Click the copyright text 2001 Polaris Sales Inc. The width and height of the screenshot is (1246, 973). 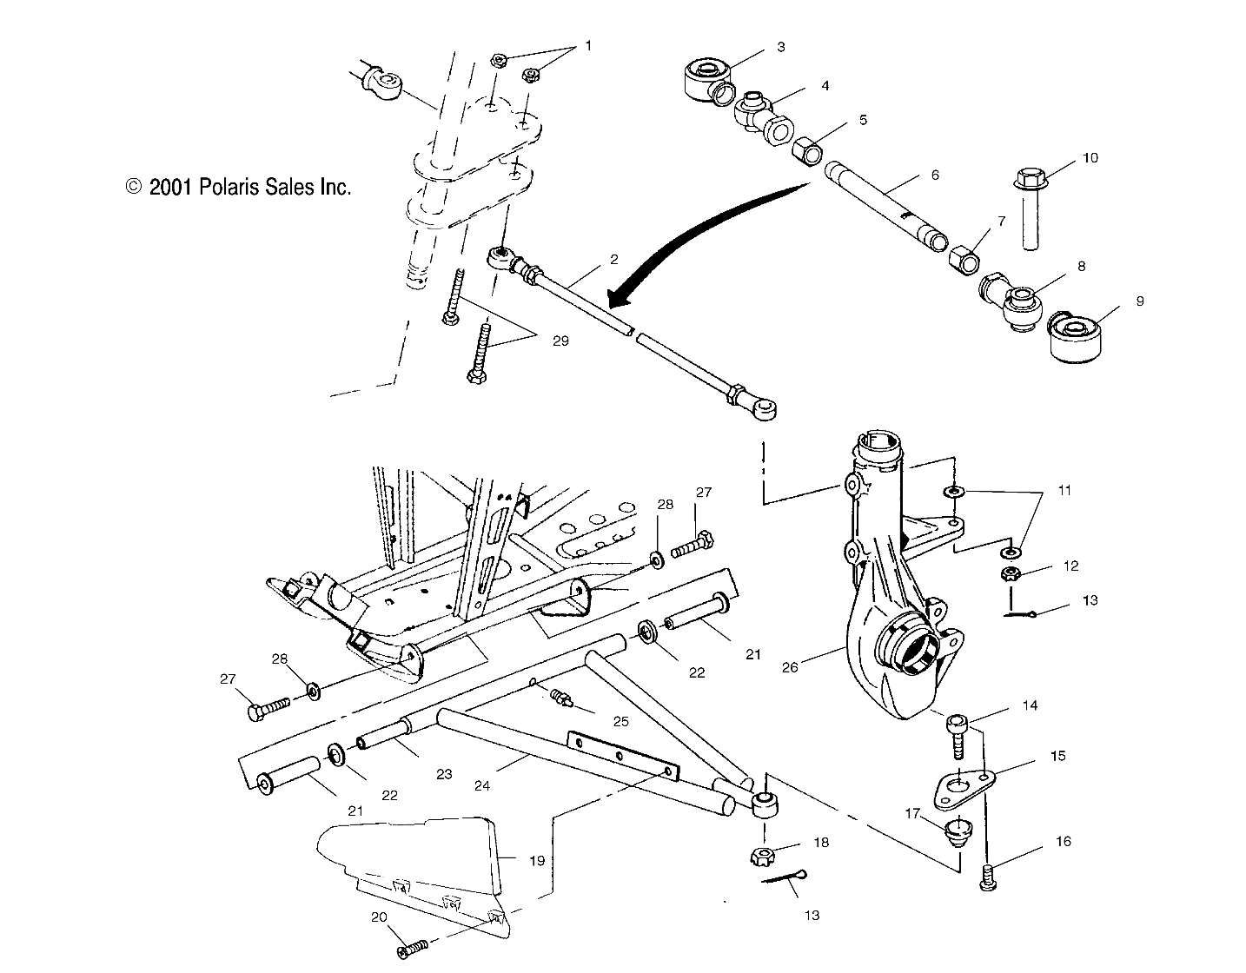pos(238,187)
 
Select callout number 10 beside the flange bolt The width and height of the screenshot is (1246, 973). pos(1090,157)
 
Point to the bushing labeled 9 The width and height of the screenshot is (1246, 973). pos(1074,339)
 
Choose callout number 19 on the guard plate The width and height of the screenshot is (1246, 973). pos(537,860)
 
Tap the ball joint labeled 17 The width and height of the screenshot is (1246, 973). pos(958,833)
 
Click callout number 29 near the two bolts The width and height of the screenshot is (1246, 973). pos(560,341)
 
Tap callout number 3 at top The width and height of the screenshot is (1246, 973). pos(780,47)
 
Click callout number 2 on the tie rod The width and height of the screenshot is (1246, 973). pos(613,259)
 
